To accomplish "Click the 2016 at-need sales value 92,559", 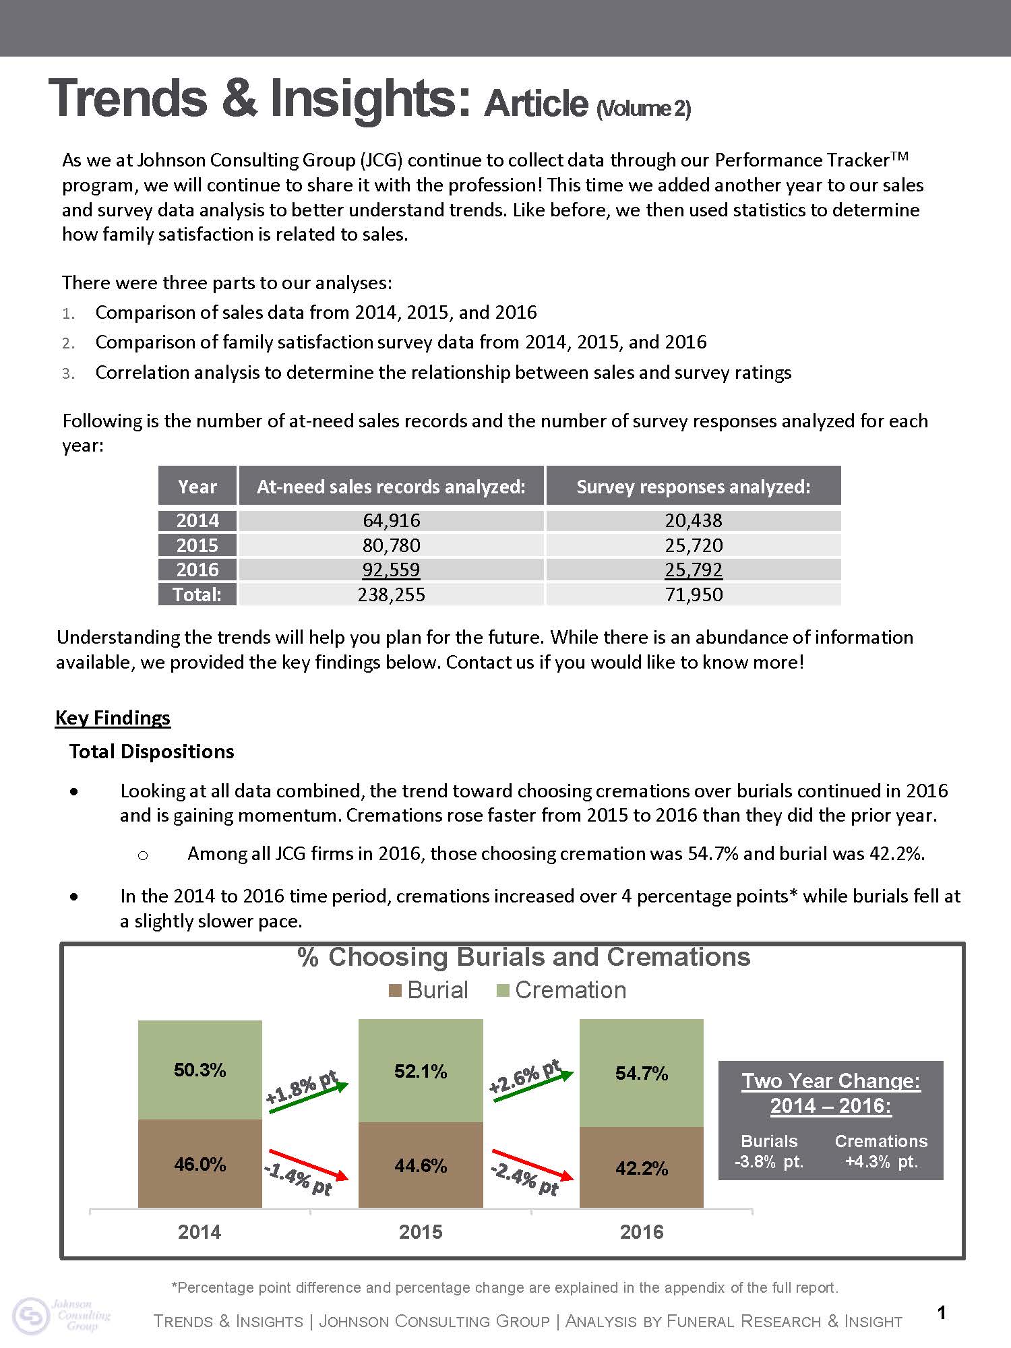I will [391, 570].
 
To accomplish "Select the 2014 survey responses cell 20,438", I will [693, 520].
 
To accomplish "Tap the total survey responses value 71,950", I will [693, 594].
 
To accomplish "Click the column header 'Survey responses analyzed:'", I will [693, 487].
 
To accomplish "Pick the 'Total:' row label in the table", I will [197, 594].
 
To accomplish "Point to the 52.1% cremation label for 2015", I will [421, 1072].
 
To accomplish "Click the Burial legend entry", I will [429, 990].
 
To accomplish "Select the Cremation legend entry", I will [561, 990].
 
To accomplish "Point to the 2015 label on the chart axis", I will [421, 1232].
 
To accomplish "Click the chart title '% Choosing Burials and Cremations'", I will [524, 957].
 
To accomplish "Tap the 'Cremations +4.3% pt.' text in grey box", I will [881, 1151].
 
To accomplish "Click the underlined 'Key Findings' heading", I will [113, 717].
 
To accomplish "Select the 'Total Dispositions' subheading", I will [152, 752].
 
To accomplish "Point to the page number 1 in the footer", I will [942, 1312].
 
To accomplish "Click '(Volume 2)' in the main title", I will [643, 109].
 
